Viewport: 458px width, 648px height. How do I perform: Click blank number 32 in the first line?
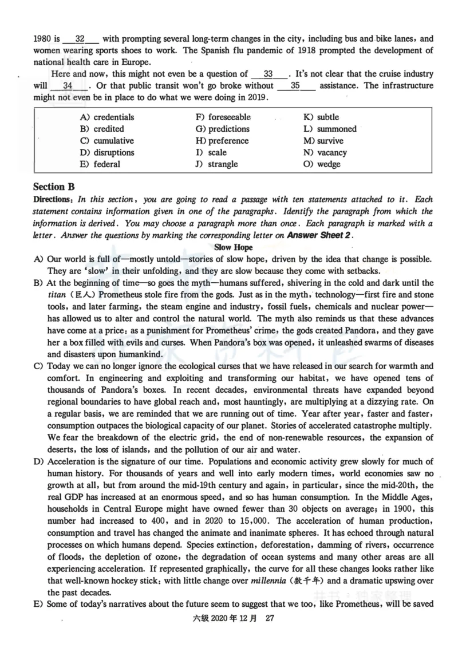[80, 39]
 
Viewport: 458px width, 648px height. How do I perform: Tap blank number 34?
[68, 86]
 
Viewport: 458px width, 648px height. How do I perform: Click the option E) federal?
[100, 164]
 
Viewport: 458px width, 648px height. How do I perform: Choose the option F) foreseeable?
[223, 117]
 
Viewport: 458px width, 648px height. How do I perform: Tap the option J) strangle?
[216, 164]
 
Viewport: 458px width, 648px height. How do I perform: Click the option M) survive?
[323, 141]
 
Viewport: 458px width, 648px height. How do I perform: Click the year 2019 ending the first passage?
[255, 98]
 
